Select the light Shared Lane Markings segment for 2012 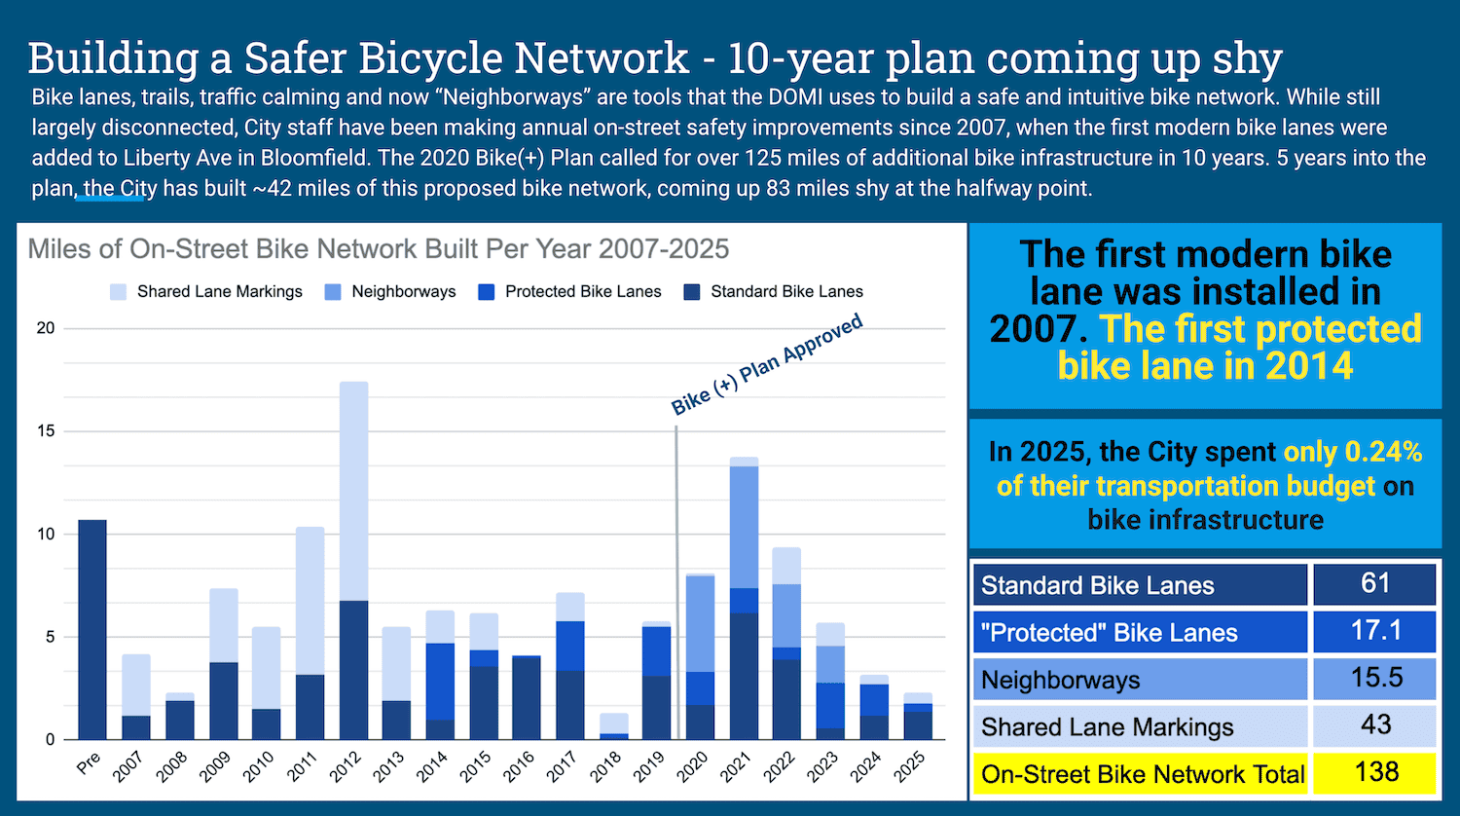coord(353,491)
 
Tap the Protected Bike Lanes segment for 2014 coord(440,681)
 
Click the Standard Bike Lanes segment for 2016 coord(527,698)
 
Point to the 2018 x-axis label coord(604,767)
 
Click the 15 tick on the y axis coord(45,431)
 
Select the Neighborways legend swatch coord(333,292)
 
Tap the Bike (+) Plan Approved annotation coord(767,365)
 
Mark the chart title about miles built coord(379,249)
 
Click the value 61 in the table coord(1374,583)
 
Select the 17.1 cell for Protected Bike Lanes coord(1374,631)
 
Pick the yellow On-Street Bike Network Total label coord(1142,774)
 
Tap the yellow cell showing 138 coord(1374,773)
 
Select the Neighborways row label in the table coord(1060,680)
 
